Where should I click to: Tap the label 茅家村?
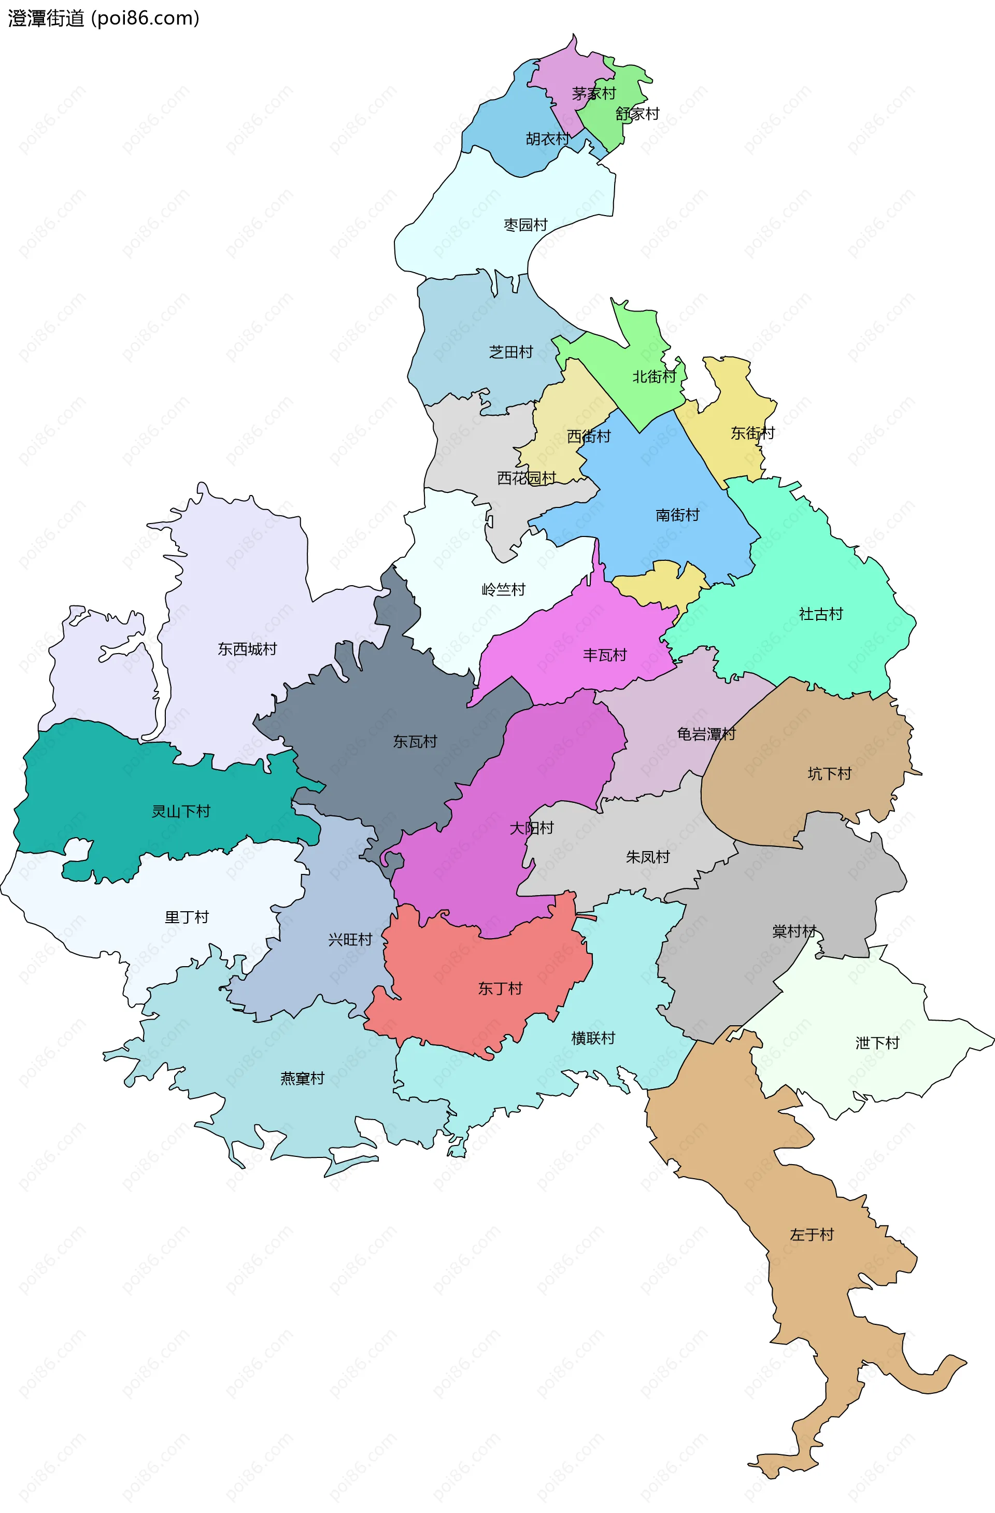click(594, 93)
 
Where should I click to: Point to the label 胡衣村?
click(547, 138)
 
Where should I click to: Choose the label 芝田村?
click(510, 352)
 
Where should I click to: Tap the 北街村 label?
click(653, 377)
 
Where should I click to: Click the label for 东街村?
click(752, 433)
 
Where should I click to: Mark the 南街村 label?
click(677, 515)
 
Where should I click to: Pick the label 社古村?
click(820, 614)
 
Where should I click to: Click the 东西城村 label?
click(247, 649)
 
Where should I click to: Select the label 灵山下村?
click(180, 812)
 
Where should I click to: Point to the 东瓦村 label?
click(415, 742)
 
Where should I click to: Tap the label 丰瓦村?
click(605, 655)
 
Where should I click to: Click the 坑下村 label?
click(829, 774)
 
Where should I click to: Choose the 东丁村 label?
click(500, 988)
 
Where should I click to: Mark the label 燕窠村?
click(302, 1079)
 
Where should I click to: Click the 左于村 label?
click(811, 1235)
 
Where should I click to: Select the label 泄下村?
click(877, 1043)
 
